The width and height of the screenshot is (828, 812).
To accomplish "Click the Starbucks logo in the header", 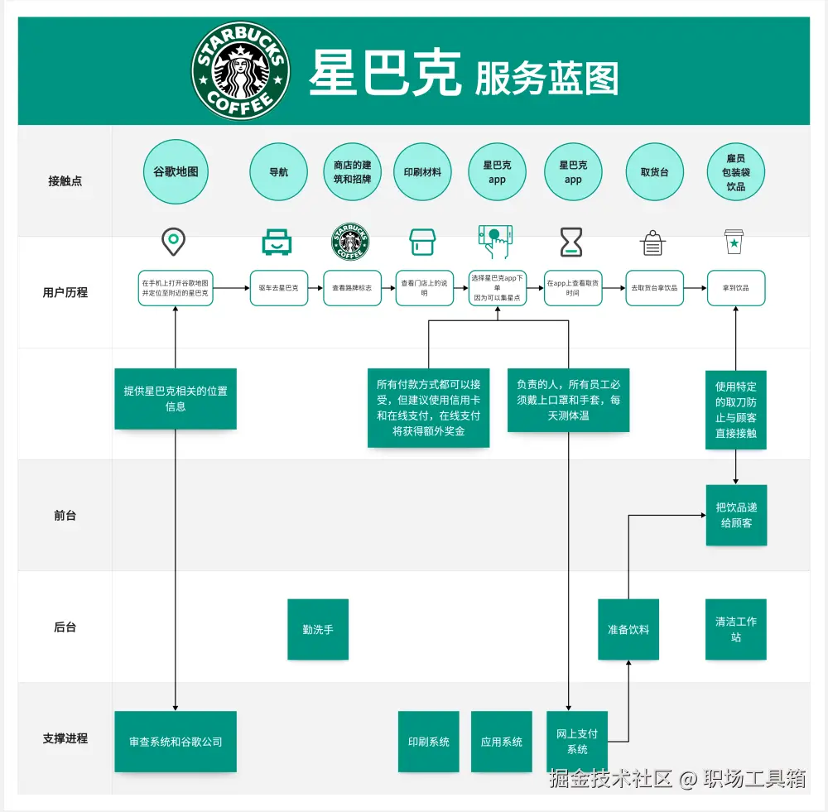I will [x=240, y=70].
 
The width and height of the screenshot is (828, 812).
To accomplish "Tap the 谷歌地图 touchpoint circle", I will [x=176, y=172].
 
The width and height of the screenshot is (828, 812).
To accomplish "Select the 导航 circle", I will [x=279, y=172].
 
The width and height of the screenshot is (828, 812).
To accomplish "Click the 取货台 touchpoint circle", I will [x=654, y=172].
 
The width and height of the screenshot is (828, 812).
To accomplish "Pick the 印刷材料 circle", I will [x=422, y=172].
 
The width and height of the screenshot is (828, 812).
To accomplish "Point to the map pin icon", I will [x=173, y=242].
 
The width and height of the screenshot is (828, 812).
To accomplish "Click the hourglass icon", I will [x=570, y=242].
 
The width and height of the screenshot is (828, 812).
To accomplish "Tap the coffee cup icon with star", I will [x=734, y=242].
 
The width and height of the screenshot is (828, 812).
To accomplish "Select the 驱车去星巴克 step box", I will [x=279, y=288].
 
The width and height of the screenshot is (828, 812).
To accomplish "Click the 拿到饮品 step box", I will [x=736, y=288].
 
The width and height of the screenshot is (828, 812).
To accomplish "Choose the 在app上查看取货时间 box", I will [x=573, y=288].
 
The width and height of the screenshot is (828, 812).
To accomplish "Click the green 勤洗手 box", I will [x=318, y=629].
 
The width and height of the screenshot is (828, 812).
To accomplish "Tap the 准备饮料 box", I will [x=628, y=629].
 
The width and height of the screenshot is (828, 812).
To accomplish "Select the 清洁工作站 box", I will [x=736, y=629].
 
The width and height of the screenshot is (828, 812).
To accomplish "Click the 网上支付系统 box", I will [x=577, y=741].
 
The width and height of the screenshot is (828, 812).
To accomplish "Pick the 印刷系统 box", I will [x=428, y=742].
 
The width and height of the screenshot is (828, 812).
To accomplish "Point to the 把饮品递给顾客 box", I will [x=736, y=515].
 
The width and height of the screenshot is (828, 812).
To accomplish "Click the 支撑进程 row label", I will [x=65, y=738].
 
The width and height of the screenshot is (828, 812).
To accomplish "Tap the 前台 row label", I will [x=65, y=515].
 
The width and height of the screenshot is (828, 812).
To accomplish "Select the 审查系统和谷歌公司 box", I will [x=176, y=742].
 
